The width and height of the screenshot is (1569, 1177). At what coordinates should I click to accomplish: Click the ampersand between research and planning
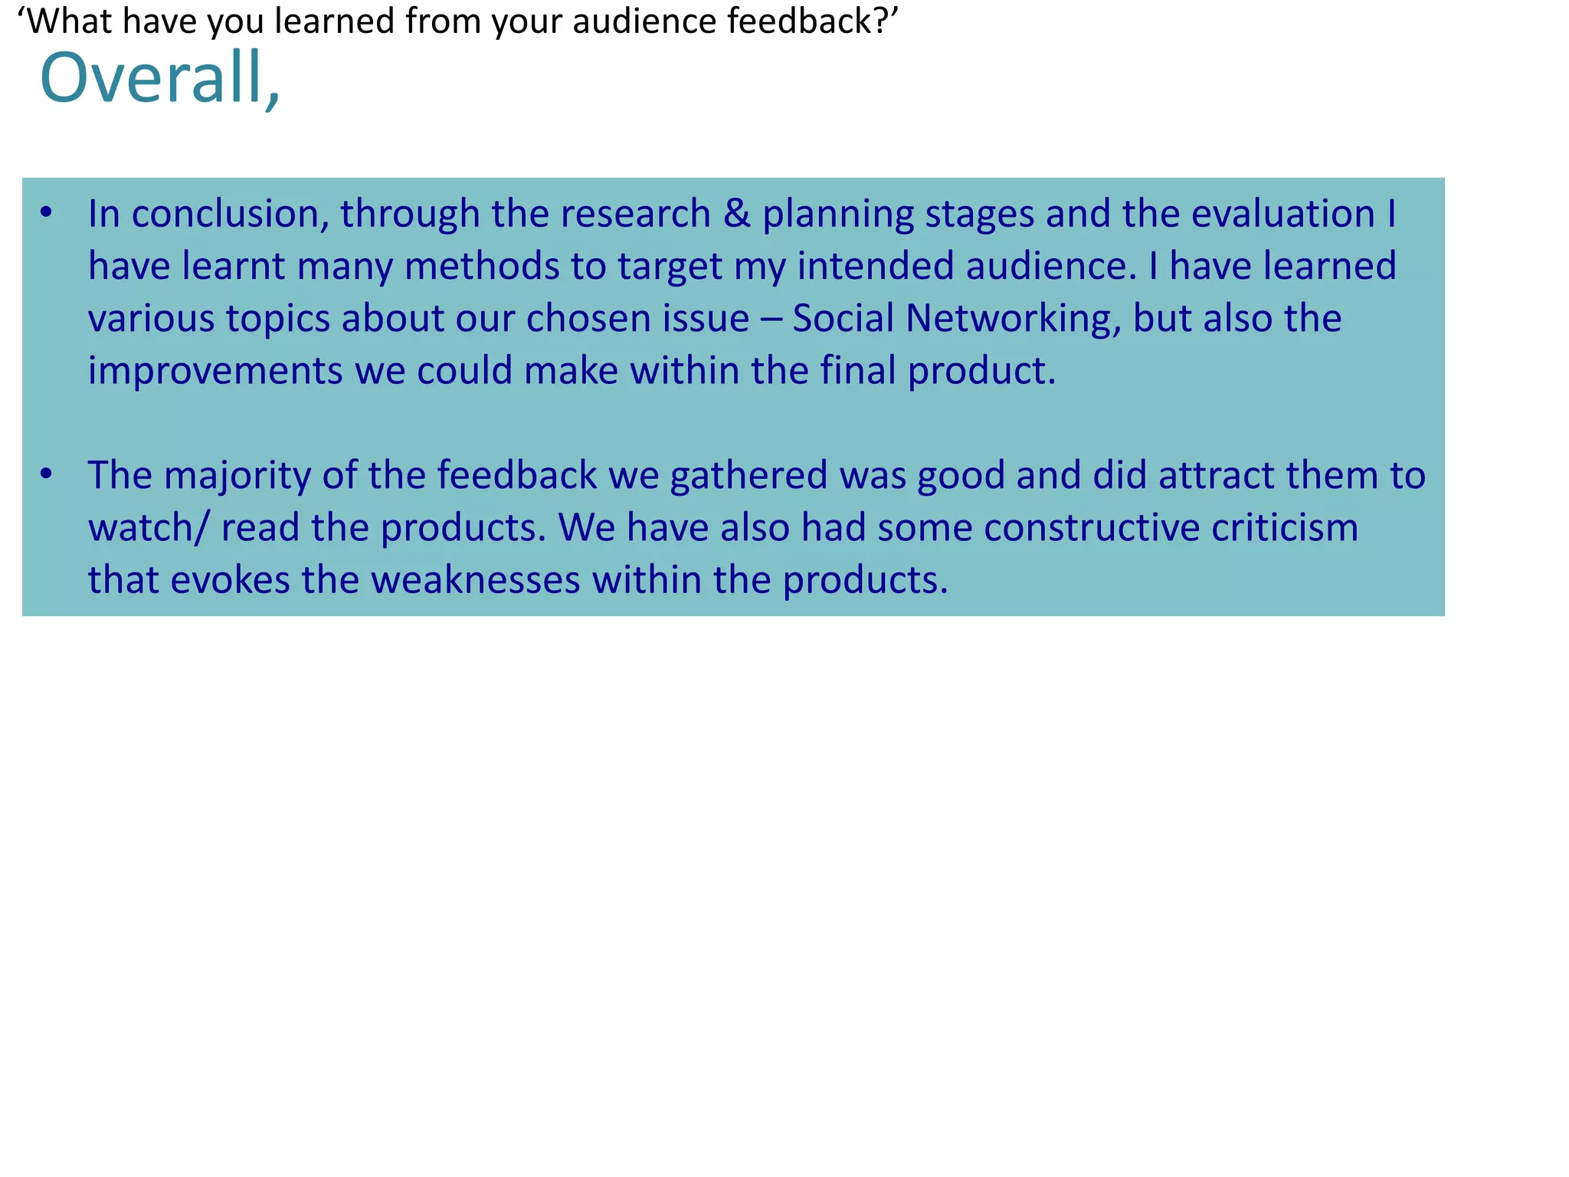pos(736,214)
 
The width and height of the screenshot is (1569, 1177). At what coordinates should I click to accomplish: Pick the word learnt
pos(234,266)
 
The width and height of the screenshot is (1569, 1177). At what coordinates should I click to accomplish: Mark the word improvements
pos(215,372)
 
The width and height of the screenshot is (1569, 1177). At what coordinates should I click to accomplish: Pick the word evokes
pos(230,580)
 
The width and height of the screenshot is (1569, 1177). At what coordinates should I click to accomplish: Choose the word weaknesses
pos(476,580)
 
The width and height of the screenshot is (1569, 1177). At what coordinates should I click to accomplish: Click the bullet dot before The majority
pos(47,474)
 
